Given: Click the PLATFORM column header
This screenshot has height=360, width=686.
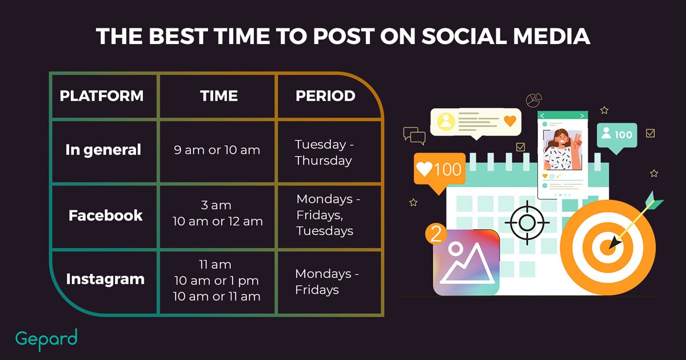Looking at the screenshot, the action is [102, 96].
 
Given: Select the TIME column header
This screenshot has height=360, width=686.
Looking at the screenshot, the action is [219, 96].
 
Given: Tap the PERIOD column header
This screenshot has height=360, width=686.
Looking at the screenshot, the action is [325, 96].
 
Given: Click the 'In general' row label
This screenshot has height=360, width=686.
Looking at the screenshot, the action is [103, 150].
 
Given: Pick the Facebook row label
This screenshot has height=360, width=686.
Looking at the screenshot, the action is [106, 215].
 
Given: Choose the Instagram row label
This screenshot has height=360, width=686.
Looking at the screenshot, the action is [105, 279].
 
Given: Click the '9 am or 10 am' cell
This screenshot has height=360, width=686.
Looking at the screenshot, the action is [217, 150].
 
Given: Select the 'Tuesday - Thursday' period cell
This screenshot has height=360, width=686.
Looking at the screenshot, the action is [324, 153].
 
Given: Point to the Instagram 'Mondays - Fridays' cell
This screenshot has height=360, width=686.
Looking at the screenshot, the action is [327, 282].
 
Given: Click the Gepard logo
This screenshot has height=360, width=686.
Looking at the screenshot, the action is [46, 339].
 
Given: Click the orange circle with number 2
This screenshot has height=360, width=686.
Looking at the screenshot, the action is [436, 234].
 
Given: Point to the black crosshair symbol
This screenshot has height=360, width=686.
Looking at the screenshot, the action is [527, 222].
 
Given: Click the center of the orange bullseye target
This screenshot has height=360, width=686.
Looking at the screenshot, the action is [608, 247].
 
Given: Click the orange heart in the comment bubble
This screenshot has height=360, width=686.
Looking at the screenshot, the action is [510, 121].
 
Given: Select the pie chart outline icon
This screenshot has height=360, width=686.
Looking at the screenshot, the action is [534, 100].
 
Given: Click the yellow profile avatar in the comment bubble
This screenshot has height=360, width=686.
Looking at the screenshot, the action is [446, 122].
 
